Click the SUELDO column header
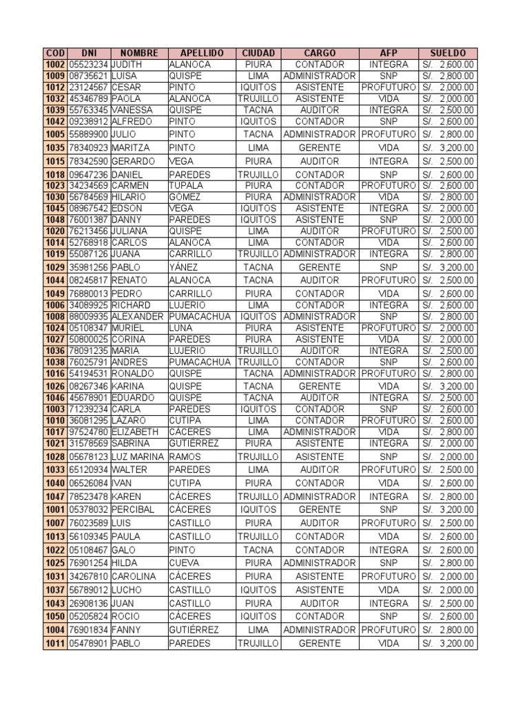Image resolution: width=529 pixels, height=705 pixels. pos(448,53)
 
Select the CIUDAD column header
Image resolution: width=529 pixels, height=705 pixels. pos(258,53)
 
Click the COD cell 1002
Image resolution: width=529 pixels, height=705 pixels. pos(55,64)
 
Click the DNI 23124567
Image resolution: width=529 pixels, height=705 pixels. pos(89,87)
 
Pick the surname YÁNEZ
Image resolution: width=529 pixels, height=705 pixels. pos(183,267)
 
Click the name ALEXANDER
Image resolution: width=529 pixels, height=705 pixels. pos(138,317)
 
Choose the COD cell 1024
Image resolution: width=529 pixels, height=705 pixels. pos(55,328)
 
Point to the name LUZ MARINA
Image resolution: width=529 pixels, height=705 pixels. pos(138,456)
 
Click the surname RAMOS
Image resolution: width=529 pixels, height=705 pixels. pos(184,456)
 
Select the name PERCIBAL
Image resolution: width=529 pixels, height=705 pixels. pos(133,509)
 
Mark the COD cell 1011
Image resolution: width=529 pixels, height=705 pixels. pos(55,643)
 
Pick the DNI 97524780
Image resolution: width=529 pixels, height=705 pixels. pos(89,432)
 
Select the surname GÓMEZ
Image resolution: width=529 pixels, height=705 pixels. pos(184,197)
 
